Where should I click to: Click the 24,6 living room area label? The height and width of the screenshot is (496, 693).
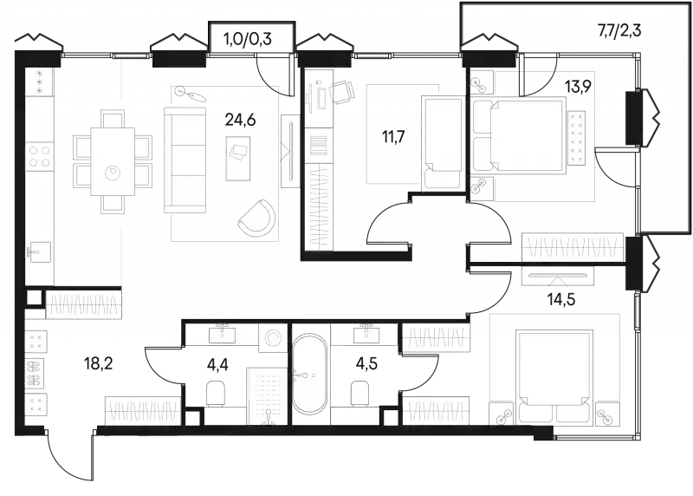click(x=240, y=120)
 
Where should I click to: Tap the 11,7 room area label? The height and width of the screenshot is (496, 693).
click(x=393, y=137)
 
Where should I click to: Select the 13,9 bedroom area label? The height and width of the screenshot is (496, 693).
click(x=579, y=87)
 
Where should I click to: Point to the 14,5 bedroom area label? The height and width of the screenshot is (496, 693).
click(x=561, y=299)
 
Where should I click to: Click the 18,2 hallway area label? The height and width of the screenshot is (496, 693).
click(x=99, y=364)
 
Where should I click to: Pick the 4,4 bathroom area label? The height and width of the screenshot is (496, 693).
click(x=218, y=365)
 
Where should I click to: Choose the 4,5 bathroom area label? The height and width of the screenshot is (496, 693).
click(x=366, y=365)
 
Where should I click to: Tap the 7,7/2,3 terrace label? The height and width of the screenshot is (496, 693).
click(x=619, y=31)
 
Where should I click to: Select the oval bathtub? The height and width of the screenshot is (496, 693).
click(x=309, y=374)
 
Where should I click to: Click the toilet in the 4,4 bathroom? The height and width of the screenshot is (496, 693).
click(x=217, y=393)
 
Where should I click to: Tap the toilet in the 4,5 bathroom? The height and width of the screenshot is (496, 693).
click(x=360, y=393)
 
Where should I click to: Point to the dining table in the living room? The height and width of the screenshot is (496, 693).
click(x=113, y=161)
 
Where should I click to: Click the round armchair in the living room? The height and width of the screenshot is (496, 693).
click(x=257, y=218)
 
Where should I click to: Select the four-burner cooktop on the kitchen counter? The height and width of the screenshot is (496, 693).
click(x=39, y=157)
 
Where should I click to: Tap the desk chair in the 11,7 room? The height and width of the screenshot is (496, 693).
click(x=341, y=92)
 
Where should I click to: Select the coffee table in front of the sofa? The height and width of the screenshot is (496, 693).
click(x=238, y=158)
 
